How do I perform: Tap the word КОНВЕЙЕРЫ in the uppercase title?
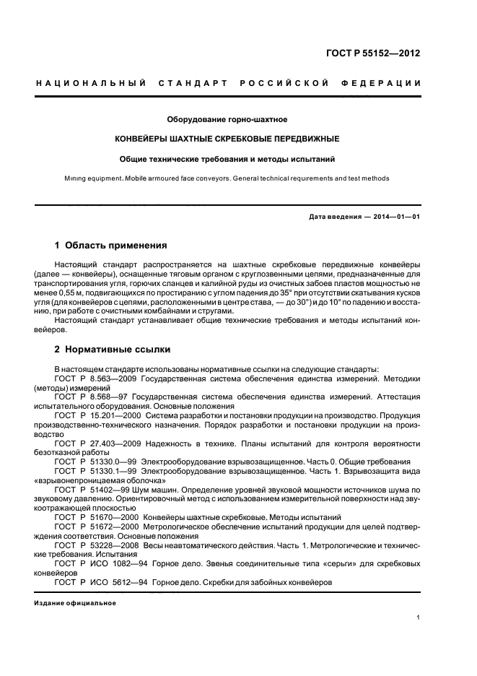[x=145, y=138]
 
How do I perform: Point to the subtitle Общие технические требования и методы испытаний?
[x=227, y=158]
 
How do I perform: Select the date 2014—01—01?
[x=396, y=217]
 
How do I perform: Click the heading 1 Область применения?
[x=111, y=245]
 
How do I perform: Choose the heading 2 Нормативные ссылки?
[x=113, y=350]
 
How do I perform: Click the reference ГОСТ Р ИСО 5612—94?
[x=102, y=585]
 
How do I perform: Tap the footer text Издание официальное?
[x=75, y=603]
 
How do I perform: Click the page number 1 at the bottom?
[x=419, y=617]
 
